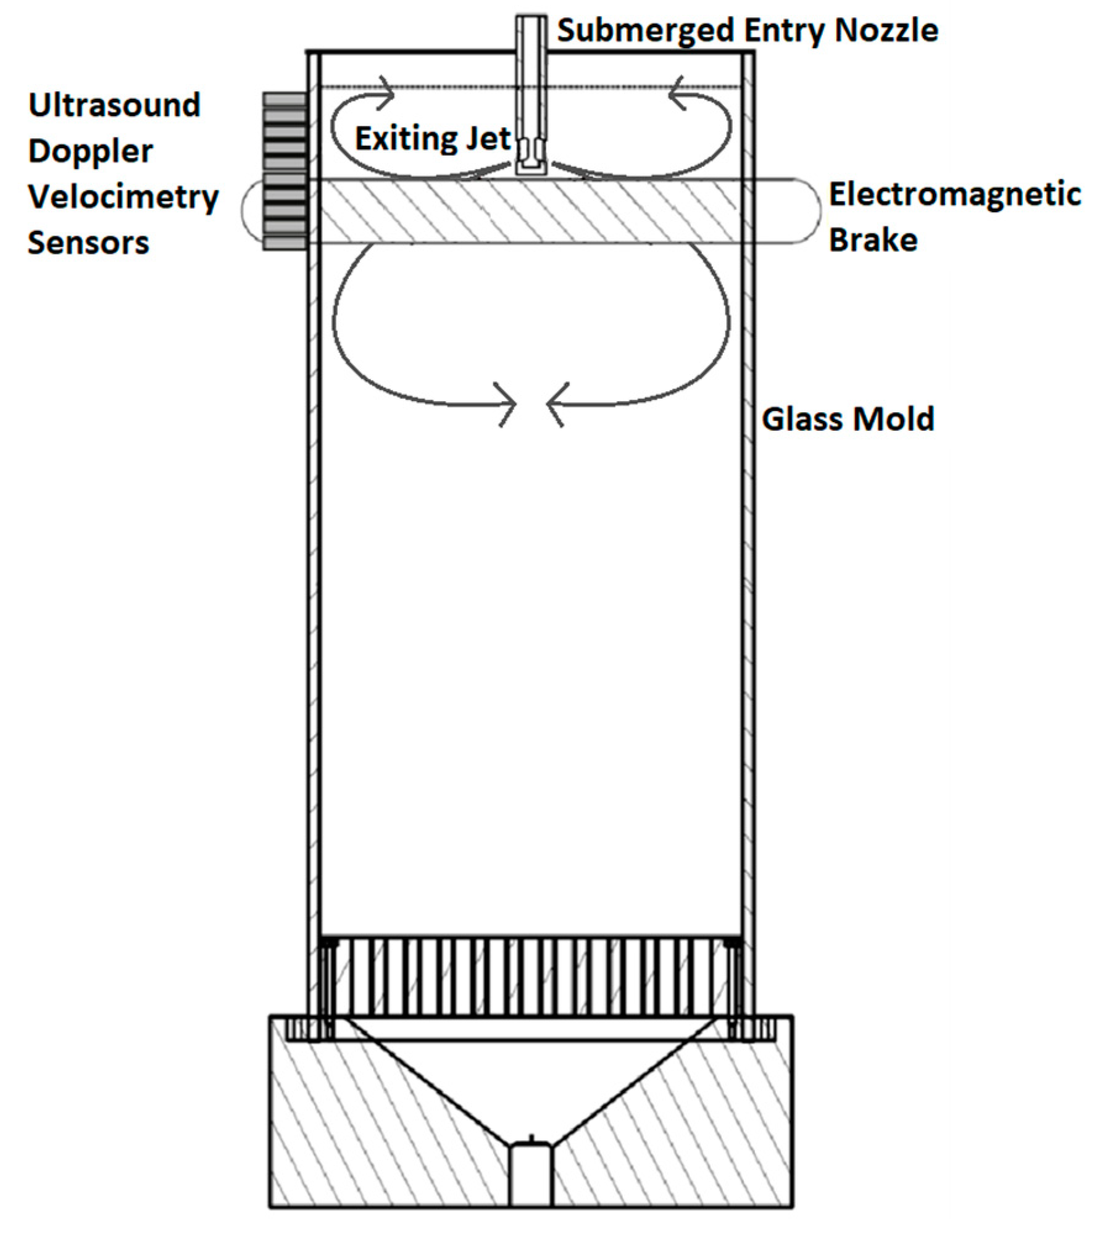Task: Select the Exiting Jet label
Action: (x=432, y=138)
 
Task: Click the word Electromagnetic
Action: (x=954, y=195)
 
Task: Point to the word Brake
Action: (x=872, y=239)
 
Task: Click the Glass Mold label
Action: (x=848, y=419)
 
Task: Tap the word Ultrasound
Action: (x=114, y=105)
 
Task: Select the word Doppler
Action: (x=90, y=151)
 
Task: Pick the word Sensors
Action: (x=88, y=242)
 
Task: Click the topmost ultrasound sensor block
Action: (x=285, y=100)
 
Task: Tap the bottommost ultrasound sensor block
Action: (x=285, y=244)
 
